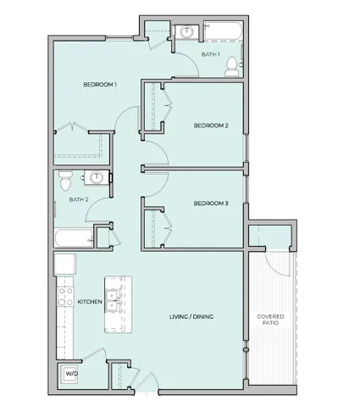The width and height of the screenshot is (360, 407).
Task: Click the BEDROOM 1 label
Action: (x=100, y=84)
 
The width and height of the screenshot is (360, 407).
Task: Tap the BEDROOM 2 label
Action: (x=211, y=125)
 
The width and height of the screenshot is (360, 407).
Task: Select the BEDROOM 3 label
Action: (x=211, y=203)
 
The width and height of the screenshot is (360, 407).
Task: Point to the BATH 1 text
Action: (x=210, y=55)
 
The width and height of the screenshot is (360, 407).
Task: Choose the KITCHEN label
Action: (x=90, y=302)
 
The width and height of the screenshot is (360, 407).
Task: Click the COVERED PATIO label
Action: (x=271, y=321)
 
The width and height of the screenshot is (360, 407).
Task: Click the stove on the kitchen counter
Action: (x=63, y=295)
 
